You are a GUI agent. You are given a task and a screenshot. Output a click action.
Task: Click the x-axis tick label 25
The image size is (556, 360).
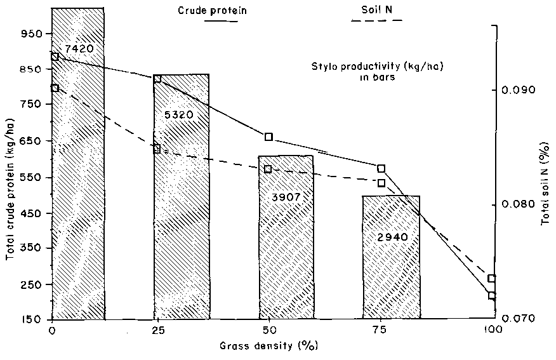(157, 331)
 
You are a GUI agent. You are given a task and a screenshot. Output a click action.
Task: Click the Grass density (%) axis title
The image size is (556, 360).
(268, 346)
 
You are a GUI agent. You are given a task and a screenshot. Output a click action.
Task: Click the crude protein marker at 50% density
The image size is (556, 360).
(269, 137)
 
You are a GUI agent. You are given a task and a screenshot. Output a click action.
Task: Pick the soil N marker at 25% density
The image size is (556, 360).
(157, 149)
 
